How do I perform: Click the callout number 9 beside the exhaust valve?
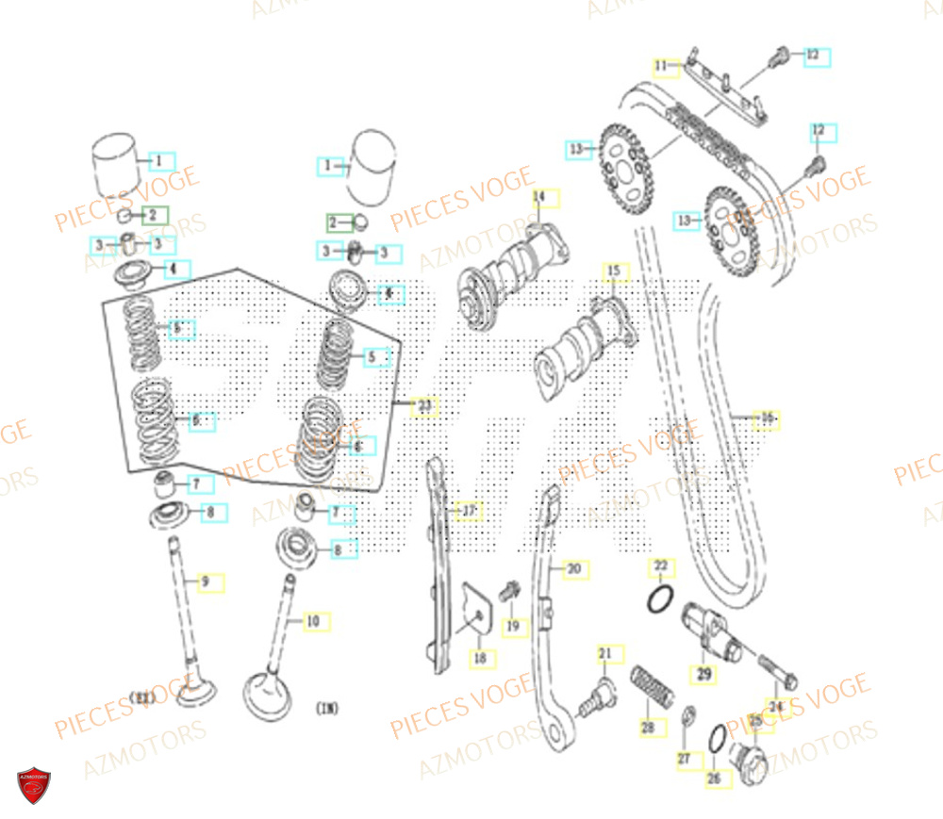[x=205, y=581]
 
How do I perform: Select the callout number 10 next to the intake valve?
[x=313, y=621]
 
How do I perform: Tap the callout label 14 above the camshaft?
[x=539, y=197]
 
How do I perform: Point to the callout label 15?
[x=615, y=272]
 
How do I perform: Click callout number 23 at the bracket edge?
[x=424, y=406]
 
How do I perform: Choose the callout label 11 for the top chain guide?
[x=662, y=66]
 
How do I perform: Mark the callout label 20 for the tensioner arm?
[x=573, y=569]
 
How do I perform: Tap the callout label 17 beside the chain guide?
[x=468, y=511]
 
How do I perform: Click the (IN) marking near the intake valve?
[x=327, y=707]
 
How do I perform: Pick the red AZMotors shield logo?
[x=34, y=785]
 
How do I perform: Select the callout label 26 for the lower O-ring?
[x=713, y=778]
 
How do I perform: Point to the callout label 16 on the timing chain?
[x=767, y=418]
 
